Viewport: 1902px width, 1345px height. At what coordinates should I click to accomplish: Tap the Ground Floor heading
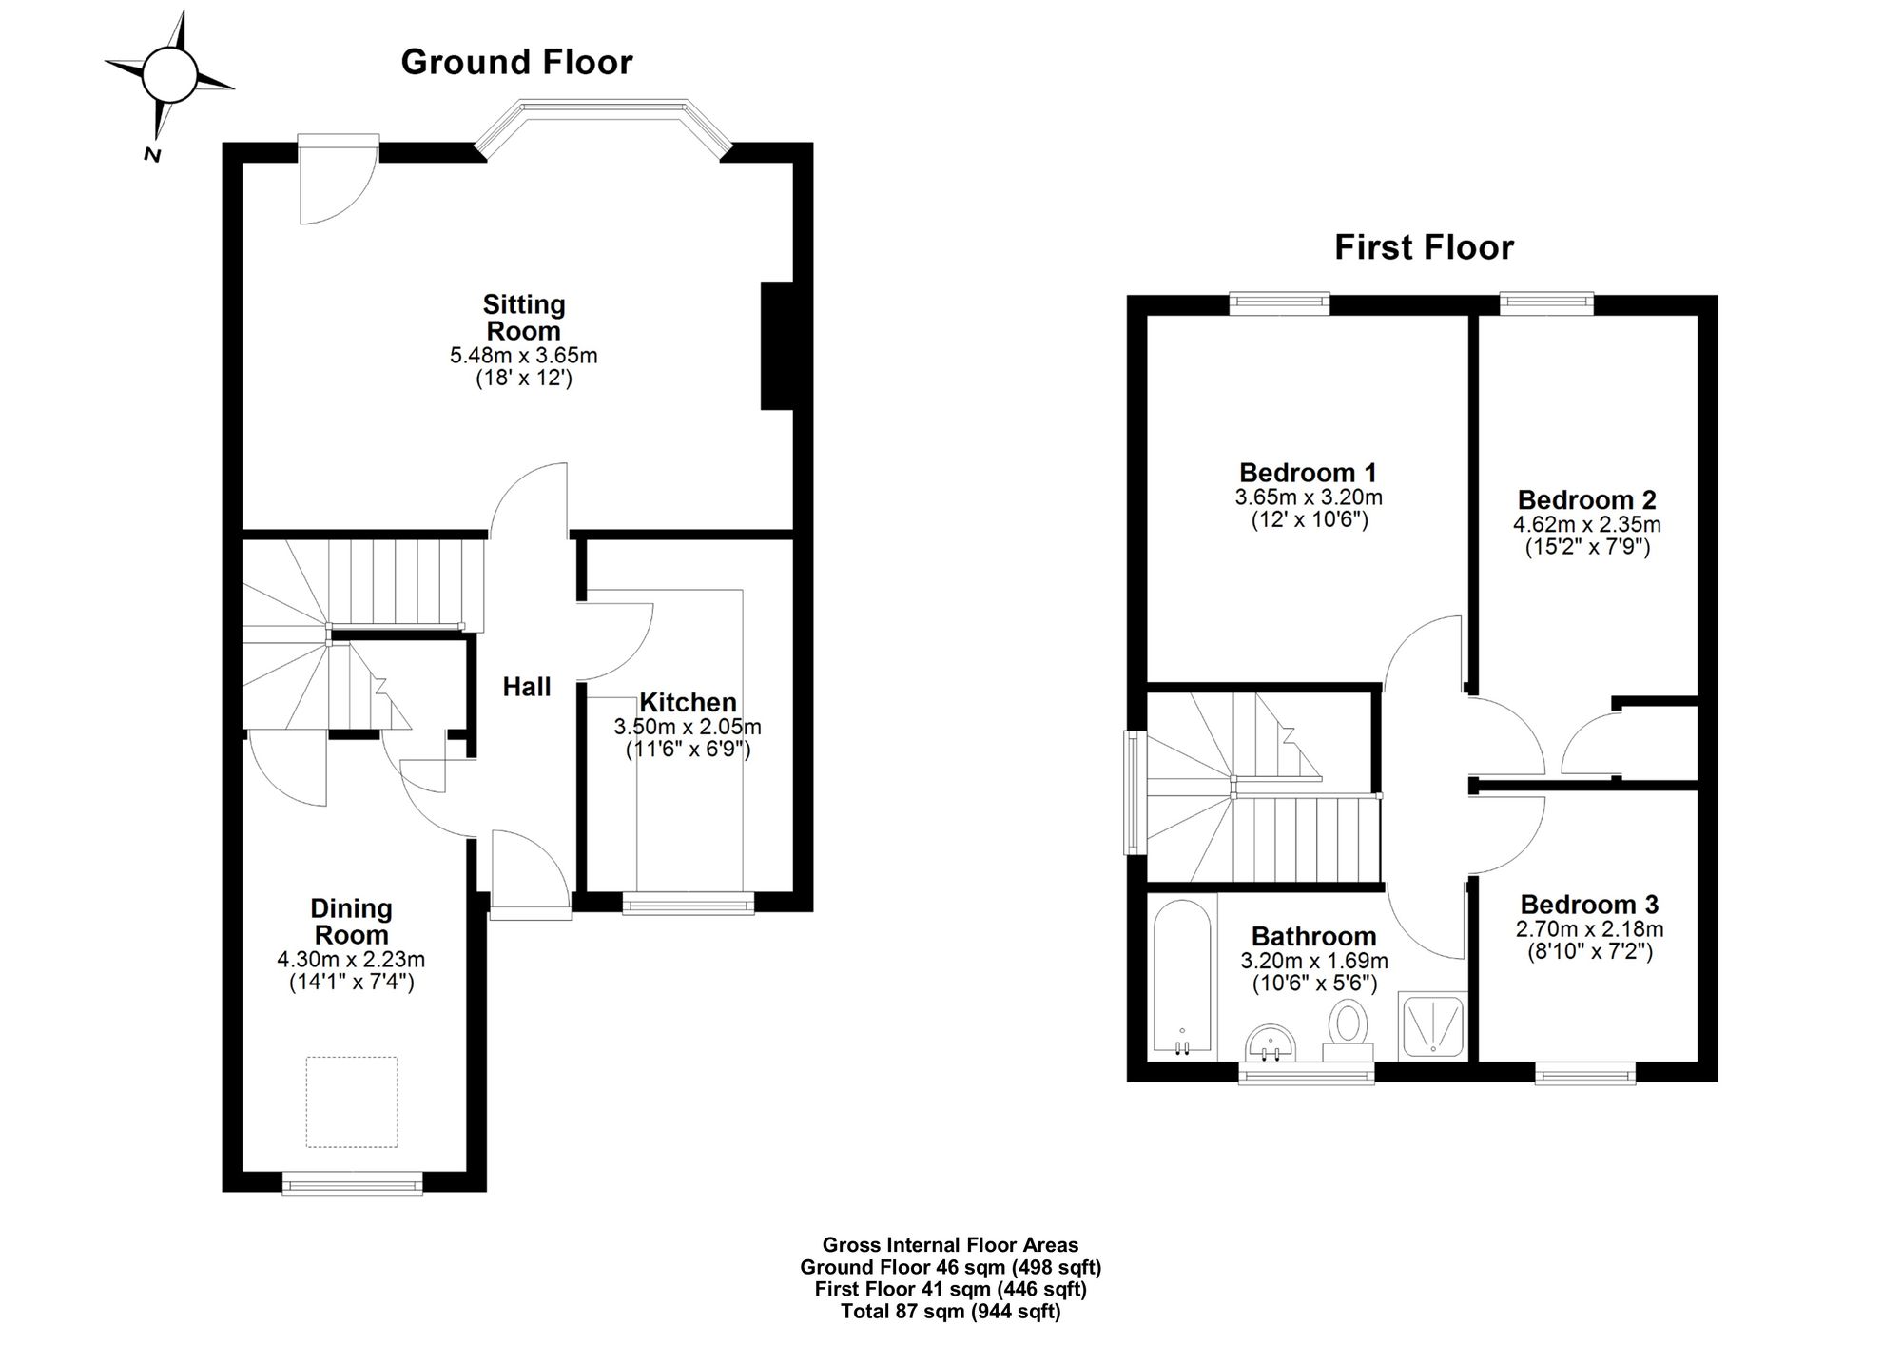pyautogui.click(x=516, y=62)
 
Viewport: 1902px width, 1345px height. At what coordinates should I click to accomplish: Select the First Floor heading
pyautogui.click(x=1424, y=247)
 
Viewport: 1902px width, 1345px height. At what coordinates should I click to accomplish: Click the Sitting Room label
pyautogui.click(x=524, y=318)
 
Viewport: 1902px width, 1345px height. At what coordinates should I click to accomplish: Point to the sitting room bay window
pyautogui.click(x=603, y=124)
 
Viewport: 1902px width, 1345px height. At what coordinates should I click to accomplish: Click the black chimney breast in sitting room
pyautogui.click(x=777, y=346)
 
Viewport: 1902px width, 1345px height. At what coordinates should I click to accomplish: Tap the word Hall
pyautogui.click(x=527, y=687)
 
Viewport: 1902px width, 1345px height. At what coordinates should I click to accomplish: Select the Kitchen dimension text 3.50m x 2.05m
pyautogui.click(x=688, y=728)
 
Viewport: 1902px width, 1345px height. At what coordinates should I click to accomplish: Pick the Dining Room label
pyautogui.click(x=351, y=922)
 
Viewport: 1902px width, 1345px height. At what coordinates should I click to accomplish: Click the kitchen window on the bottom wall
pyautogui.click(x=688, y=903)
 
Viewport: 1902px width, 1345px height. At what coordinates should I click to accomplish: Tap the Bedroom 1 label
pyautogui.click(x=1309, y=473)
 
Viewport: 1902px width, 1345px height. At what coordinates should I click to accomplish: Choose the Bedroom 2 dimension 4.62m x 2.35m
pyautogui.click(x=1587, y=524)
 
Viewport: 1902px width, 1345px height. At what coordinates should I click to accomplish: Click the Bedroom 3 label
pyautogui.click(x=1589, y=905)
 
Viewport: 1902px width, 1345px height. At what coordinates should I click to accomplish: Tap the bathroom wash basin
pyautogui.click(x=1270, y=1043)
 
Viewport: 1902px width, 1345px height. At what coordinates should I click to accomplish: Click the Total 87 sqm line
pyautogui.click(x=950, y=1313)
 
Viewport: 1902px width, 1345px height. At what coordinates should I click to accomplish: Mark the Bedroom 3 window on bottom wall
pyautogui.click(x=1585, y=1073)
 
